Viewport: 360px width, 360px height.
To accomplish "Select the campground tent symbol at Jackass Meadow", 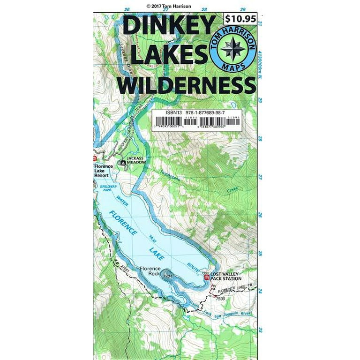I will (x=123, y=163).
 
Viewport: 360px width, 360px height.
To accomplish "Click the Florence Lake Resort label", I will (x=102, y=171).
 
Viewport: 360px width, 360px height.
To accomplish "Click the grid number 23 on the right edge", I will (x=260, y=330).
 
